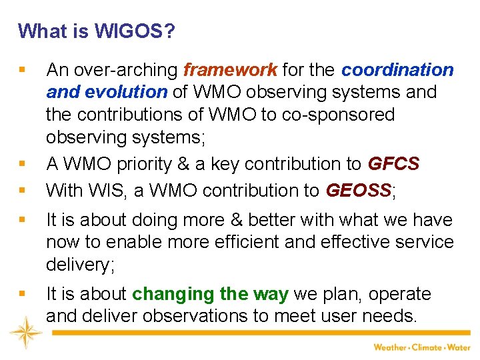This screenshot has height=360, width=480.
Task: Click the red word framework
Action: (x=230, y=70)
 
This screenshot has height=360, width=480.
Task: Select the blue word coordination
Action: (x=398, y=70)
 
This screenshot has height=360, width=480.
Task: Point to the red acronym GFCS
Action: (x=395, y=164)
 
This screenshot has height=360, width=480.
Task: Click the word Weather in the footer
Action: (x=390, y=347)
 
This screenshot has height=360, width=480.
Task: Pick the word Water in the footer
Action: (x=459, y=347)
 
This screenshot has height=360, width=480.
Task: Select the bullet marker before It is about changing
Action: (x=23, y=294)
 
